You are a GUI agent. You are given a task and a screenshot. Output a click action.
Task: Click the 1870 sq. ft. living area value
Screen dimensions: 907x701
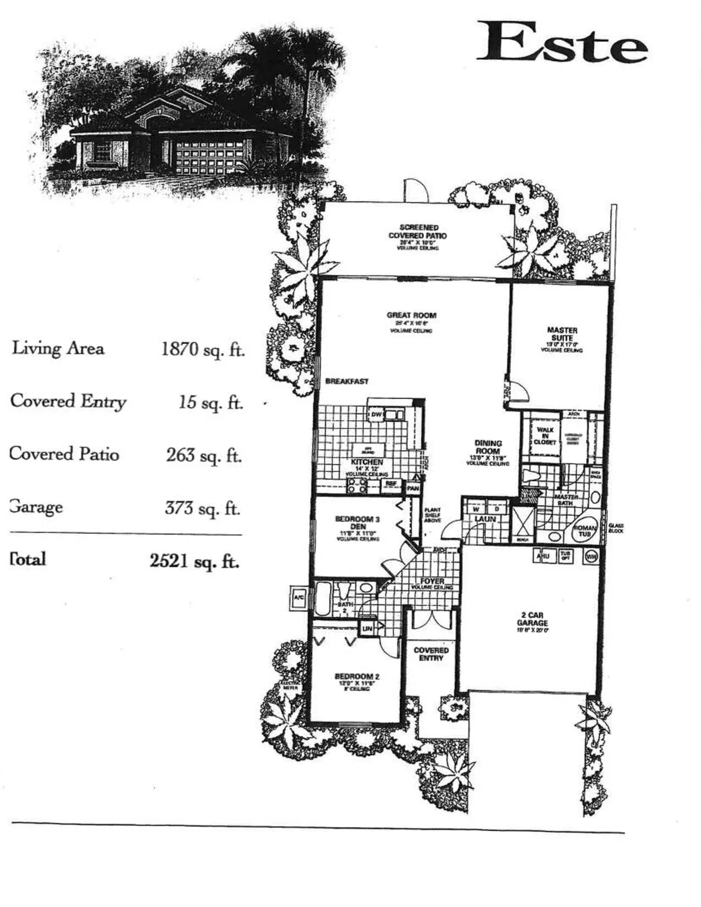(203, 349)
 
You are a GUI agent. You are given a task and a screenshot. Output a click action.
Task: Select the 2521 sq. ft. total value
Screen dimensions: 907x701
(194, 561)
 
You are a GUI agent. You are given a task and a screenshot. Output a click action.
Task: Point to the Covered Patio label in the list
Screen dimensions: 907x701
(64, 454)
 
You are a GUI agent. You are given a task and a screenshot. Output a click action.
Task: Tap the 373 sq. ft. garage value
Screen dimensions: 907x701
(203, 508)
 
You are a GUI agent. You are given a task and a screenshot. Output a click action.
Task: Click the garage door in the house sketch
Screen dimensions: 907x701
(209, 155)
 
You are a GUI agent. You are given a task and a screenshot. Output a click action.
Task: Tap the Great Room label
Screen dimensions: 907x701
(411, 315)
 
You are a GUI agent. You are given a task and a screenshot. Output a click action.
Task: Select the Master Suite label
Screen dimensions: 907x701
(562, 334)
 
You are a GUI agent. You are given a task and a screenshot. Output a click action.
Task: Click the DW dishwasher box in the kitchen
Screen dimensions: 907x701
(376, 415)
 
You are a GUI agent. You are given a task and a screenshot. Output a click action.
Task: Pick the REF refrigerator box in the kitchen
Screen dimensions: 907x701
(391, 484)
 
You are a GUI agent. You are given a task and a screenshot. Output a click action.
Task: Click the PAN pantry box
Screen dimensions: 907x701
(413, 488)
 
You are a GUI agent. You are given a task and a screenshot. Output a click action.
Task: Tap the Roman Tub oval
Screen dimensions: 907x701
(584, 531)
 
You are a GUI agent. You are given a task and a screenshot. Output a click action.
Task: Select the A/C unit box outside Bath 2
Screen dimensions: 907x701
(299, 598)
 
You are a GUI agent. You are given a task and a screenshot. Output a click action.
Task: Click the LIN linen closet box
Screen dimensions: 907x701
(367, 629)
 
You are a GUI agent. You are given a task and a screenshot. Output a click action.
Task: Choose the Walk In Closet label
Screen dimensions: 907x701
(544, 435)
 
